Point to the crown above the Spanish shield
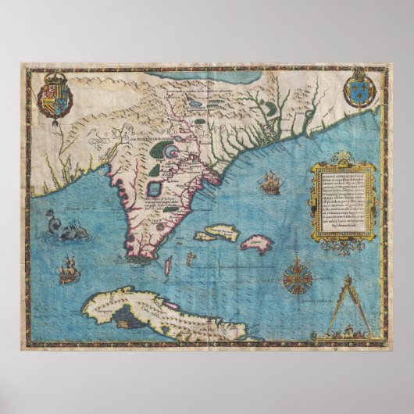(54, 77)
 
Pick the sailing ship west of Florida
(66, 272)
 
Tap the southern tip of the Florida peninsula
(141, 256)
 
